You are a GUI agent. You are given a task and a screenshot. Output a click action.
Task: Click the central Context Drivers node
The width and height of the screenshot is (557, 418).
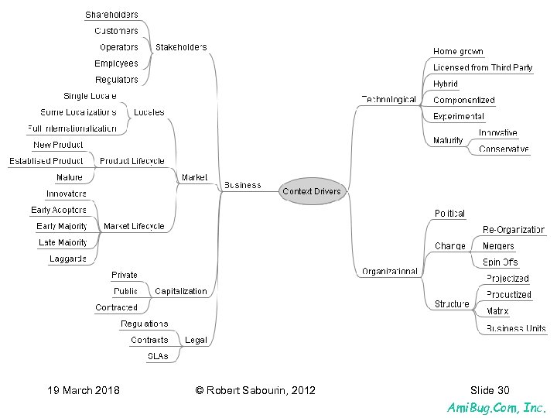pyautogui.click(x=311, y=190)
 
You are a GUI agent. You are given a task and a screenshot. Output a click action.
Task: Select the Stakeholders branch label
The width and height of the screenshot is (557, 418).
pyautogui.click(x=181, y=47)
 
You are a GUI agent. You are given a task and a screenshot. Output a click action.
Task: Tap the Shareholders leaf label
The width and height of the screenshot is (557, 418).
pyautogui.click(x=111, y=15)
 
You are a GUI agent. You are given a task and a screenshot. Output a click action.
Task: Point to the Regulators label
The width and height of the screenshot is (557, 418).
pyautogui.click(x=116, y=80)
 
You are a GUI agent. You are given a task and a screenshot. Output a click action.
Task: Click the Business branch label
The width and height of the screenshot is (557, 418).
pyautogui.click(x=242, y=185)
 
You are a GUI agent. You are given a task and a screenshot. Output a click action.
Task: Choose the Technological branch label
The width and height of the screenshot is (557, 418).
pyautogui.click(x=388, y=99)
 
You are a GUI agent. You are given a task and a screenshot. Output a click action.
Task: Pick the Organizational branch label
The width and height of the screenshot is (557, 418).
pyautogui.click(x=390, y=271)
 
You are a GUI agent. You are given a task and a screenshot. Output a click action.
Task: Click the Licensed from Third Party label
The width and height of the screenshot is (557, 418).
pyautogui.click(x=483, y=68)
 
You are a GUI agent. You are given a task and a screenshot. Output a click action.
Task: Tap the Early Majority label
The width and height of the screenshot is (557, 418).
pyautogui.click(x=62, y=226)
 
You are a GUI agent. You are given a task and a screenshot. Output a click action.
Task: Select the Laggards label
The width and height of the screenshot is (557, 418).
pyautogui.click(x=68, y=259)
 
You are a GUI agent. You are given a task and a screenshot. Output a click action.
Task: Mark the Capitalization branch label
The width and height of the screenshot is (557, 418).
pyautogui.click(x=181, y=291)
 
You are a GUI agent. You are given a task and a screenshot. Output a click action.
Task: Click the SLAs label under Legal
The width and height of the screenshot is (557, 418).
pyautogui.click(x=158, y=356)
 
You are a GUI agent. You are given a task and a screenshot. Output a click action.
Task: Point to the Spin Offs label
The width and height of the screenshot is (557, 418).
pyautogui.click(x=501, y=262)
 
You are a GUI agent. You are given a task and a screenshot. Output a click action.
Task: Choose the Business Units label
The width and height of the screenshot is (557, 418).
pyautogui.click(x=516, y=328)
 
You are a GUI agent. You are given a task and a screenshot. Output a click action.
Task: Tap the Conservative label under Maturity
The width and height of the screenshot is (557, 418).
pyautogui.click(x=504, y=149)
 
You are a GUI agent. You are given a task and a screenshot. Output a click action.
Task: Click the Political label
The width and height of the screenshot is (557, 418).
pyautogui.click(x=449, y=213)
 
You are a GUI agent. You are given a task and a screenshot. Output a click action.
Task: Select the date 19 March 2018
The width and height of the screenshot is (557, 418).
pyautogui.click(x=84, y=390)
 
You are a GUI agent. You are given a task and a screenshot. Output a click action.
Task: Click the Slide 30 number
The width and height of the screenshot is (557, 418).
pyautogui.click(x=490, y=390)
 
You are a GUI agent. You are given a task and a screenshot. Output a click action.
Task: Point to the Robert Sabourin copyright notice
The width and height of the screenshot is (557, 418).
pyautogui.click(x=255, y=390)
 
